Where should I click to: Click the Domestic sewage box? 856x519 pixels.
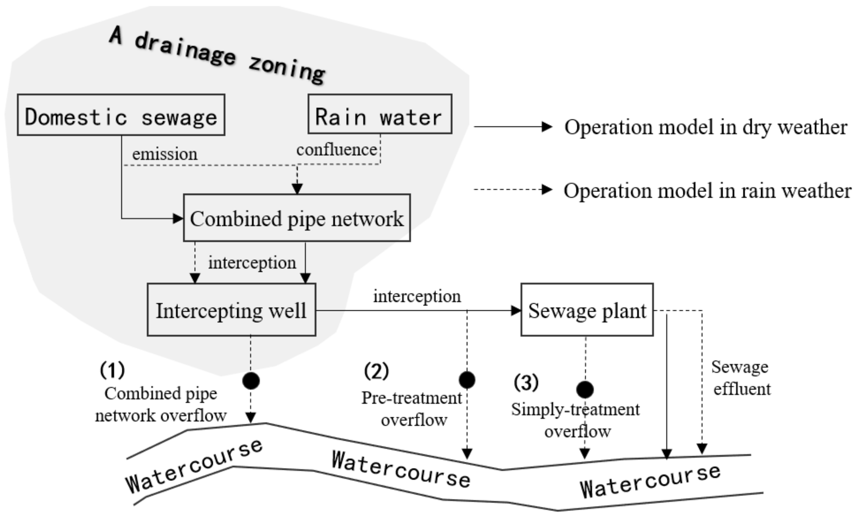121,115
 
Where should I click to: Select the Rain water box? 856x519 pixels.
380,114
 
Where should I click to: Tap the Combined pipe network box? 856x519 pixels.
297,218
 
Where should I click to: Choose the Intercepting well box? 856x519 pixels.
232,310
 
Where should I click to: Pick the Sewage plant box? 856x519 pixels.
587,310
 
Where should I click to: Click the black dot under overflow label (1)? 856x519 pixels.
251,381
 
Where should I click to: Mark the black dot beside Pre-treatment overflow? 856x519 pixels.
467,379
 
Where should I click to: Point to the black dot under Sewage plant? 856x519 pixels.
585,389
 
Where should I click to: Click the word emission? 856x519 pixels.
165,154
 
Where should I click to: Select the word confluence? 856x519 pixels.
336,150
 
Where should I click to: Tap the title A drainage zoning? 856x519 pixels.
217,56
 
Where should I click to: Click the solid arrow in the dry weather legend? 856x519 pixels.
513,127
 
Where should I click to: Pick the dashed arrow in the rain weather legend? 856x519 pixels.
513,190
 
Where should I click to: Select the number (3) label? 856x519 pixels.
526,382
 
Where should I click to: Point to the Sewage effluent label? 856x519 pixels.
741,378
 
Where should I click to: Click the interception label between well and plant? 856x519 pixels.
417,296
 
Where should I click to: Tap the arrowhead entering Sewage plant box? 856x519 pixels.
516,310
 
